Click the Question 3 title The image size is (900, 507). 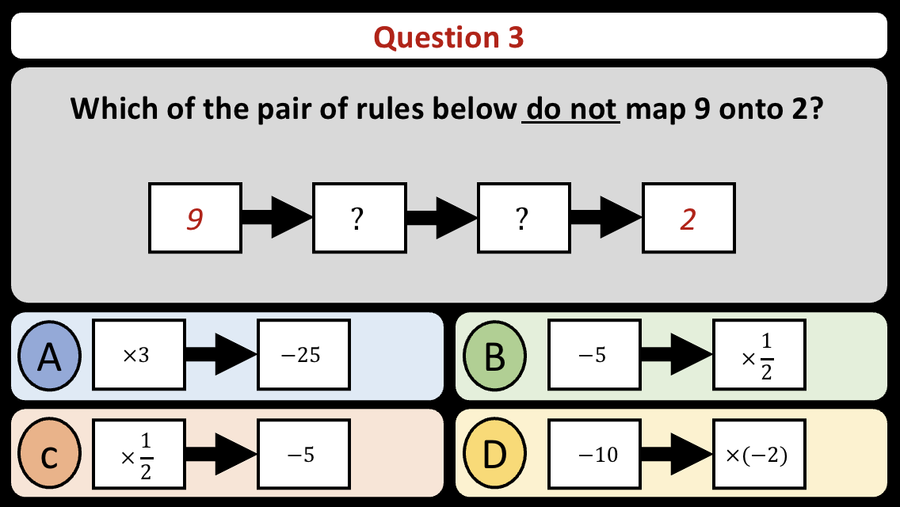click(448, 38)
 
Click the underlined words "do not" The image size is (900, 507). click(570, 109)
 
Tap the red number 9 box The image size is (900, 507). click(195, 218)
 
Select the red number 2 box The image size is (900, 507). click(688, 218)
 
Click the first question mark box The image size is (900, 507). click(360, 218)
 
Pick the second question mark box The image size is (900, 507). click(524, 218)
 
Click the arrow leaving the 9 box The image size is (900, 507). click(277, 218)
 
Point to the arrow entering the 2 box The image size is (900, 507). click(607, 218)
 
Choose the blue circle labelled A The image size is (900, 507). click(49, 356)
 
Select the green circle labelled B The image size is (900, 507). click(494, 356)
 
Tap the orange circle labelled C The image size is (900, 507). click(49, 453)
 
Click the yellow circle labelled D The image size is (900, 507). click(494, 453)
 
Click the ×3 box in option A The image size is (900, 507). click(139, 355)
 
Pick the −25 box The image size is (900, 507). click(304, 355)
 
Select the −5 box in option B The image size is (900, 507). click(595, 355)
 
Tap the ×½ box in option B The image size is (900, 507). click(759, 355)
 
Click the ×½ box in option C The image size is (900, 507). click(139, 454)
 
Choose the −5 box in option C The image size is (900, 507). click(304, 454)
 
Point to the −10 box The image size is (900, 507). click(595, 454)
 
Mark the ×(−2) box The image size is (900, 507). click(759, 454)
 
